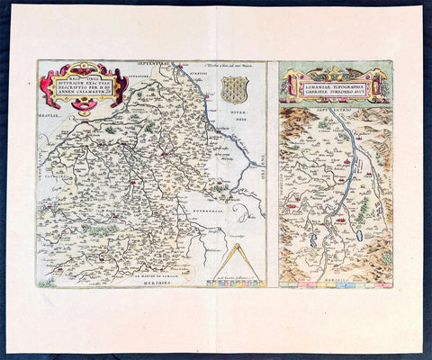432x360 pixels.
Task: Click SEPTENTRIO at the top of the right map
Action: point(335,107)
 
